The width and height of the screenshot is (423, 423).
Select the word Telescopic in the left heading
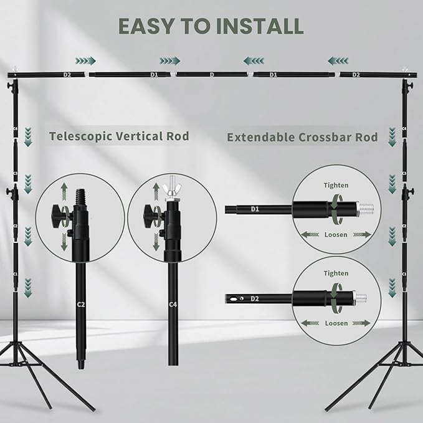(x=82, y=136)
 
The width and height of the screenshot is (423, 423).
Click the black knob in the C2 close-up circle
(x=59, y=216)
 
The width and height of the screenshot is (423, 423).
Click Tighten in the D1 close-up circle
(x=336, y=185)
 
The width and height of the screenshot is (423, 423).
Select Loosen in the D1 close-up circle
(x=336, y=235)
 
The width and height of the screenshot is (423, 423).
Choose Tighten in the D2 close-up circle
(x=336, y=273)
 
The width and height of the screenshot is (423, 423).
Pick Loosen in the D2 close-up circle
(x=336, y=323)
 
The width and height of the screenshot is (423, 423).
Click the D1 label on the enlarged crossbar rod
(x=254, y=209)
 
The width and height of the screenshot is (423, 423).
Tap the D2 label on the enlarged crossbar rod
(x=254, y=299)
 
